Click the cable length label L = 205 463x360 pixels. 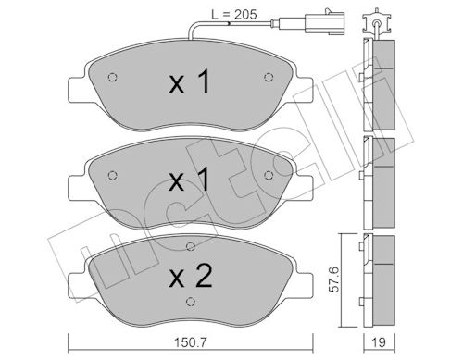[x=234, y=14]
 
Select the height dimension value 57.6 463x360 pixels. [x=333, y=279]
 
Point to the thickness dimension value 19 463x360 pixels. [x=379, y=342]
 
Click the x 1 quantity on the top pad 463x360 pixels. [x=190, y=81]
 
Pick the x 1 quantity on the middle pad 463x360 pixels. [x=190, y=179]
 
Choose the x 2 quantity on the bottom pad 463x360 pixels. [x=191, y=276]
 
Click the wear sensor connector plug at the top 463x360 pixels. [x=324, y=22]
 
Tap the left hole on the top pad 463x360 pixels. [x=113, y=77]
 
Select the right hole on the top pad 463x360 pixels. [x=269, y=77]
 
